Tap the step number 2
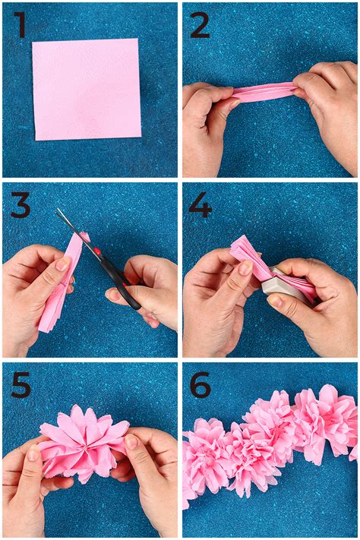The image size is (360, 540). coord(200,25)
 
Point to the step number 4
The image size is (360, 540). coord(201,205)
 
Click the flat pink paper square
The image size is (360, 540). coord(87,89)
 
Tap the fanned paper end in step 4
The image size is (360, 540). coord(245,251)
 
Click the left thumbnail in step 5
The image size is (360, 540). coord(33,453)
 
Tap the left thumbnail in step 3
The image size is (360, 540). coord(63,264)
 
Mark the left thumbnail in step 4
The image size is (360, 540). coord(245,267)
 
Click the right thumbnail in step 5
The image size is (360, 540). coord(131,442)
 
